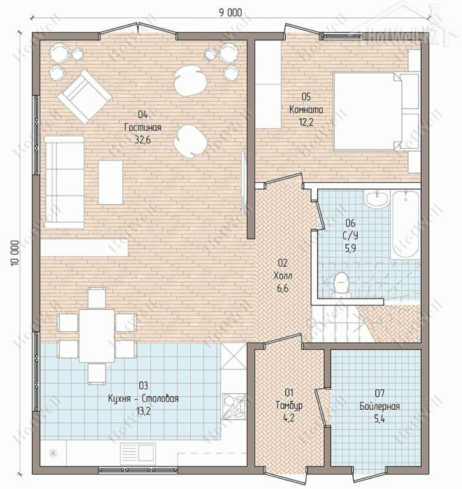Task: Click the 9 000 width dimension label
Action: click(230, 13)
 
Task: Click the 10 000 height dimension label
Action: click(15, 253)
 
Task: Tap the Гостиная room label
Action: click(143, 128)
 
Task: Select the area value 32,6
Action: click(143, 139)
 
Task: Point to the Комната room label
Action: click(306, 110)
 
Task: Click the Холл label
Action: click(283, 276)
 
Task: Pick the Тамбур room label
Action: click(289, 405)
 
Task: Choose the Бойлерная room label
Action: click(379, 406)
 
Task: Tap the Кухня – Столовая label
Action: click(143, 398)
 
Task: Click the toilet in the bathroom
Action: click(341, 284)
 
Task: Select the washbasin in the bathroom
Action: click(377, 200)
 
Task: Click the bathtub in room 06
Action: click(406, 225)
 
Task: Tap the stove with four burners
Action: click(234, 406)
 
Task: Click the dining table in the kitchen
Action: click(96, 336)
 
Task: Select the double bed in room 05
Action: click(376, 111)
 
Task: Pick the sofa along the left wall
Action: click(64, 182)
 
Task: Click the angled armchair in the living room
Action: click(84, 96)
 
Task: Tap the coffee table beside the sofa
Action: click(111, 182)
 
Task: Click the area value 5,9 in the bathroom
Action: click(350, 248)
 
